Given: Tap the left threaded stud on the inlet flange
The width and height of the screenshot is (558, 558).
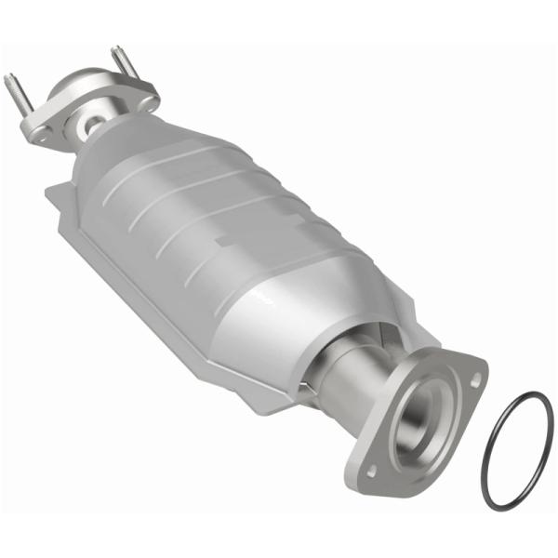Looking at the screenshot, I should (18, 93).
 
